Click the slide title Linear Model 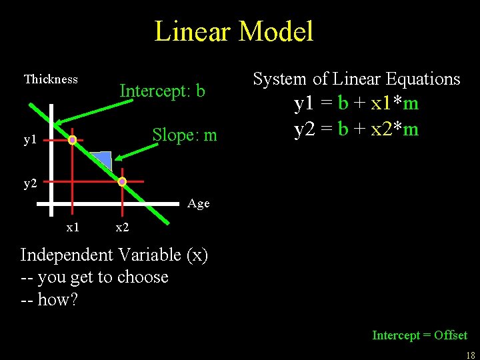coord(233,31)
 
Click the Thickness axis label coord(51,79)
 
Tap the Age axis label coord(199,203)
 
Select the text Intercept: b coord(162,91)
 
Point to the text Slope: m coord(185,135)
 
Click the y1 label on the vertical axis coord(30,140)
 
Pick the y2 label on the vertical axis coord(30,183)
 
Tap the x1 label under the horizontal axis coord(73,227)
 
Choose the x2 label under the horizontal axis coord(122,227)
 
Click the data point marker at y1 coord(72,140)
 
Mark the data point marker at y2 coord(122,181)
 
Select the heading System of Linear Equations coord(356,79)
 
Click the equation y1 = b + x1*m coord(356,103)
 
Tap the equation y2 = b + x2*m coord(356,128)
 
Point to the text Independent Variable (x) coord(114,255)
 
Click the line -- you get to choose coord(94,277)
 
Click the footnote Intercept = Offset coord(419,335)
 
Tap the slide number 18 coord(470,355)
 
